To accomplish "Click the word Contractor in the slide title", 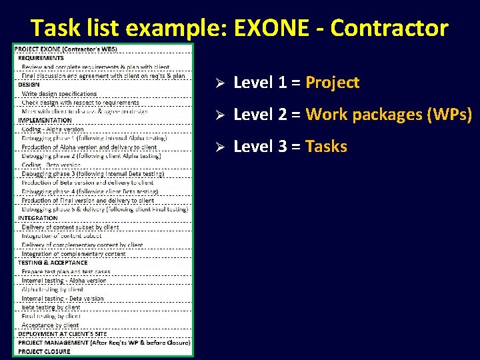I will pyautogui.click(x=389, y=28).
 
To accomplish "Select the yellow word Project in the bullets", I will pyautogui.click(x=332, y=83).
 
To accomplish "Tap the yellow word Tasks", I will pyautogui.click(x=326, y=147).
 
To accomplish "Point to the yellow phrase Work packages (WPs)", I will pyautogui.click(x=389, y=115).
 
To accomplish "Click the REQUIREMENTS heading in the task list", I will pyautogui.click(x=41, y=58).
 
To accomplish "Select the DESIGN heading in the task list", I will pyautogui.click(x=29, y=85).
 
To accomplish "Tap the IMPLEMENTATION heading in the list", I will pyautogui.click(x=45, y=120).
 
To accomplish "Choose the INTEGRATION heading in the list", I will pyautogui.click(x=38, y=218).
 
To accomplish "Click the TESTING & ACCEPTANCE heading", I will pyautogui.click(x=53, y=263).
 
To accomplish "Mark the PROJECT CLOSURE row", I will pyautogui.click(x=44, y=351).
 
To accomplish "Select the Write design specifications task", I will pyautogui.click(x=59, y=94).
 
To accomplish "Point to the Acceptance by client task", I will pyautogui.click(x=50, y=325).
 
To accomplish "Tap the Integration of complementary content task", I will pyautogui.click(x=73, y=254).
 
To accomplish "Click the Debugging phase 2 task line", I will pyautogui.click(x=91, y=156).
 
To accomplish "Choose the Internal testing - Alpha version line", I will pyautogui.click(x=64, y=281).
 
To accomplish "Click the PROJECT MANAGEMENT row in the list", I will pyautogui.click(x=104, y=343).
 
